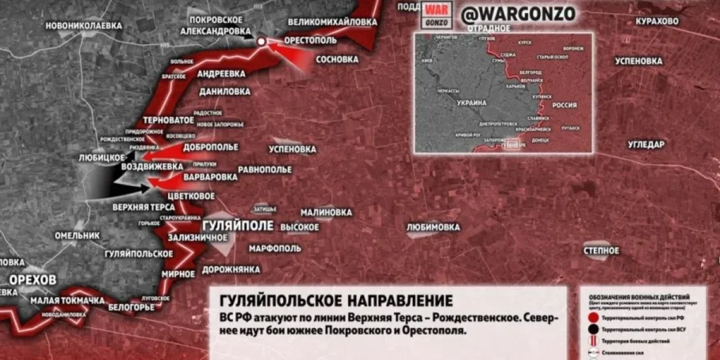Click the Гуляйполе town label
click(238, 226)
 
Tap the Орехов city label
click(32, 280)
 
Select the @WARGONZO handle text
click(518, 13)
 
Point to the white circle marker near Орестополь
click(261, 41)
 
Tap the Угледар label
click(646, 145)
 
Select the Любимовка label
click(433, 227)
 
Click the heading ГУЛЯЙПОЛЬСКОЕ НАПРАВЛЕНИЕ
click(336, 299)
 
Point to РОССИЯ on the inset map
click(564, 105)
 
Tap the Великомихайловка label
click(332, 22)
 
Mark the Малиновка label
click(326, 212)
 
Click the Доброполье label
click(211, 147)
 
